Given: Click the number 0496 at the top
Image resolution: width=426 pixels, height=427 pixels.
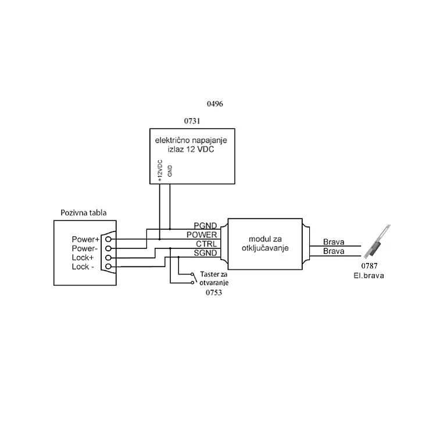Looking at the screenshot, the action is point(215,104).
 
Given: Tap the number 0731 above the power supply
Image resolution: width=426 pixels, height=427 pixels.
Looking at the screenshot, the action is point(192,121).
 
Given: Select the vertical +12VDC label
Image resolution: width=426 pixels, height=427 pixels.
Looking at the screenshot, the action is point(160,170).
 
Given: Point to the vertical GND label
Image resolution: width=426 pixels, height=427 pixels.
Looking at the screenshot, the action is point(170,171).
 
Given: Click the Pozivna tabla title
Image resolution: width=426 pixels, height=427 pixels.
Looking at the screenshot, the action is point(84,213).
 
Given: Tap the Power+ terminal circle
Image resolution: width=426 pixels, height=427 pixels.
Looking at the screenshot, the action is point(108,239).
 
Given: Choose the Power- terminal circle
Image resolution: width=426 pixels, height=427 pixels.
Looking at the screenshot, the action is point(108,248).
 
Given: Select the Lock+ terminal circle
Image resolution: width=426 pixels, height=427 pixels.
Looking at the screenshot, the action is point(108,257).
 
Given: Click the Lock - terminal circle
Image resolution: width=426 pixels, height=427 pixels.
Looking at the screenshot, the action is point(108,266).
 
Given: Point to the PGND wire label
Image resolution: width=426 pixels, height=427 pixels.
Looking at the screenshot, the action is point(205,226).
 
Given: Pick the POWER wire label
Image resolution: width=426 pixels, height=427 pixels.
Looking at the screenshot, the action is point(202,235).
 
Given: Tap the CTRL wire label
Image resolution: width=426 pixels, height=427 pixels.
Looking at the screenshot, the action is point(206,244).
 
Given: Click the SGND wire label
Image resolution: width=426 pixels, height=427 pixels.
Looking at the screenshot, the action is point(205,253).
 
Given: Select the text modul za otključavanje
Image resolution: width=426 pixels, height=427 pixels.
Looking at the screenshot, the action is point(265,244).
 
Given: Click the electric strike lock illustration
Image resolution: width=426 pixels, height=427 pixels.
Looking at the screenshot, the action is point(377,241).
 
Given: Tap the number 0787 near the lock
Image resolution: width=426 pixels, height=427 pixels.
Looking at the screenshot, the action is point(369,266).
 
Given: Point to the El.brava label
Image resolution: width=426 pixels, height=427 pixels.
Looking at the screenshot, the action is point(369,276).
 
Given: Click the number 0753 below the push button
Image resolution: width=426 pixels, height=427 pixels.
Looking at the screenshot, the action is point(214,293).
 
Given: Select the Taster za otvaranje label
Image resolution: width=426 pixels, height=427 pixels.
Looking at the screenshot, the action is point(214,278).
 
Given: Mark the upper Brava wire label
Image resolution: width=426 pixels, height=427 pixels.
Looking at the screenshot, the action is point(334,242).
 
